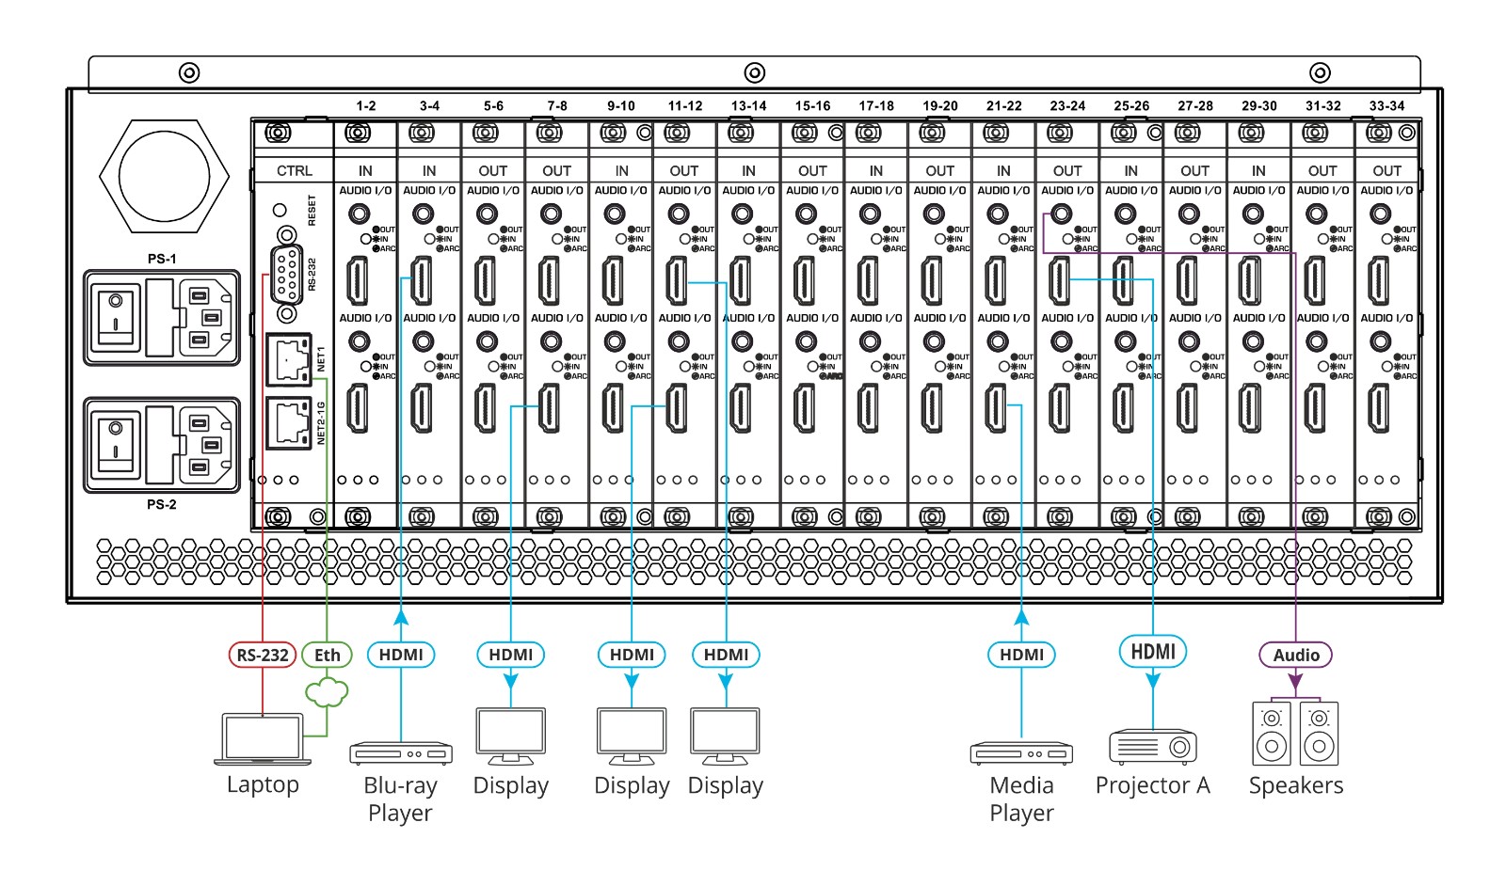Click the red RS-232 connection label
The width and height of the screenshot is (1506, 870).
263,655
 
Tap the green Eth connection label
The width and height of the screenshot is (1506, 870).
327,655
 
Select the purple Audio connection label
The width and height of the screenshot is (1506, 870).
1296,655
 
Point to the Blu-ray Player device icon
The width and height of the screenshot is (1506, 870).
401,752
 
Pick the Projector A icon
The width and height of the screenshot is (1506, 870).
1153,747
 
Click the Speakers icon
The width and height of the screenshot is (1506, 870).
1296,734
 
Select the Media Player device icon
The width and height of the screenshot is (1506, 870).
1021,752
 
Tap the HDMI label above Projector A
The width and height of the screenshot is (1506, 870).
1153,651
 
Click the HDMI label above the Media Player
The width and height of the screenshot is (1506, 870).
1021,655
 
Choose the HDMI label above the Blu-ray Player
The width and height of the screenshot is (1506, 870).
401,655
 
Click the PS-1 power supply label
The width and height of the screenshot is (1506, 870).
162,259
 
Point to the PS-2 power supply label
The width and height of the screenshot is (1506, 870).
162,504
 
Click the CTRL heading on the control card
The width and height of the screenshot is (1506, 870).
294,170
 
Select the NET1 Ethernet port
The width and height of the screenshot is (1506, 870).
288,358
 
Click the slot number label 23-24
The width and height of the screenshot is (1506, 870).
1067,105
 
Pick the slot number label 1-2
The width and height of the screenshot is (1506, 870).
365,105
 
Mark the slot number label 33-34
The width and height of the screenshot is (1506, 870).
1386,105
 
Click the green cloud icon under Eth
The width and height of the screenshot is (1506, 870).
327,693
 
